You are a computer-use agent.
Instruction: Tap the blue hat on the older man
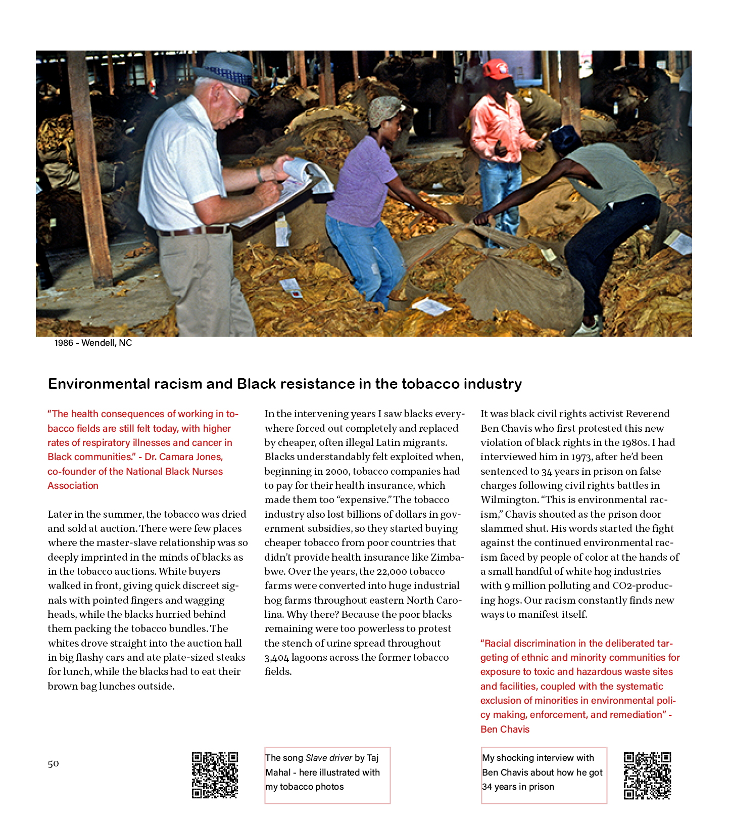(x=228, y=71)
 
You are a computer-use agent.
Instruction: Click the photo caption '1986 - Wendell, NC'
(x=93, y=343)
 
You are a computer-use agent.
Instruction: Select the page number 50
(x=53, y=763)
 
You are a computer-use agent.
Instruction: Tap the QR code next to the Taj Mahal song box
(x=215, y=775)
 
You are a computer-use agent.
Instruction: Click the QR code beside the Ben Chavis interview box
(x=647, y=776)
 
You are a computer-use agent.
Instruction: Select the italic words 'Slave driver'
(x=329, y=758)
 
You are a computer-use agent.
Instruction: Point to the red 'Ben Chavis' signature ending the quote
(x=505, y=729)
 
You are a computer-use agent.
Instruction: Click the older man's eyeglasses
(x=235, y=98)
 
